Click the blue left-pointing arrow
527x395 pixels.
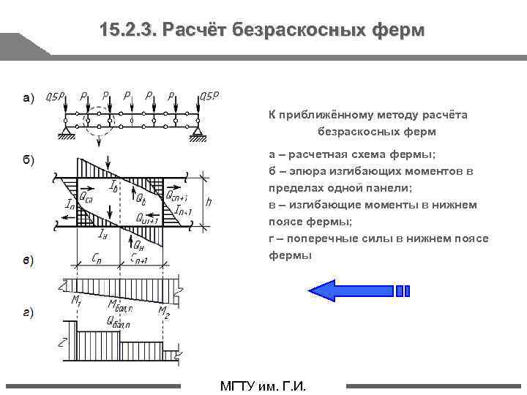pyautogui.click(x=359, y=290)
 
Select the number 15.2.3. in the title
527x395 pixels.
pyautogui.click(x=129, y=31)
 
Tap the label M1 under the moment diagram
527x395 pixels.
pyautogui.click(x=76, y=300)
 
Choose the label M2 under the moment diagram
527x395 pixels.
pyautogui.click(x=165, y=310)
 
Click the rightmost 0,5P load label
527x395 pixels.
pyautogui.click(x=209, y=96)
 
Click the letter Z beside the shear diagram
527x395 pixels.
pyautogui.click(x=64, y=342)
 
